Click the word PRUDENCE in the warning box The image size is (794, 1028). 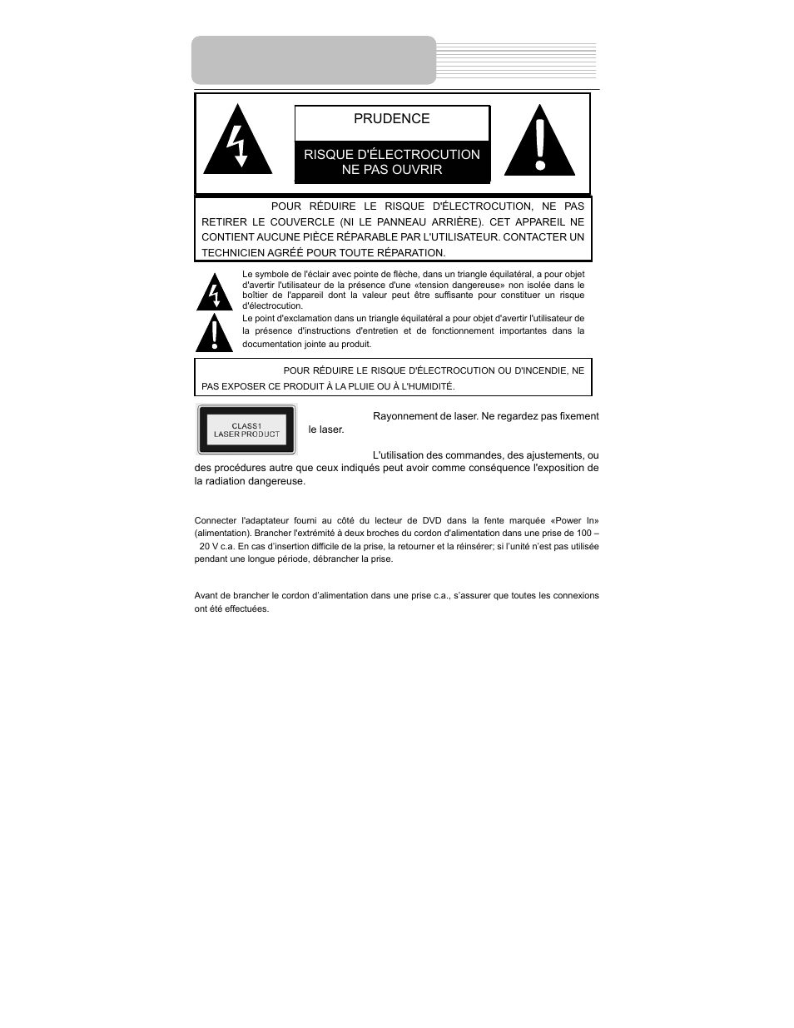click(x=391, y=119)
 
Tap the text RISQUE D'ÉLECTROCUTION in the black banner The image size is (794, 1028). click(x=391, y=154)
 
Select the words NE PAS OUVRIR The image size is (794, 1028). click(x=391, y=170)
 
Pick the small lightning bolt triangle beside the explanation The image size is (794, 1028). click(x=214, y=293)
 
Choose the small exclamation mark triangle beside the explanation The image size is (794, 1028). click(x=214, y=334)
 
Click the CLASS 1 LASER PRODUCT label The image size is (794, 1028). click(x=246, y=430)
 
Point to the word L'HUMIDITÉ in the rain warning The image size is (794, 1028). click(x=427, y=386)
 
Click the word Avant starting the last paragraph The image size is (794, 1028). click(x=206, y=596)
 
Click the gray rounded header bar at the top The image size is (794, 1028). click(x=314, y=60)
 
